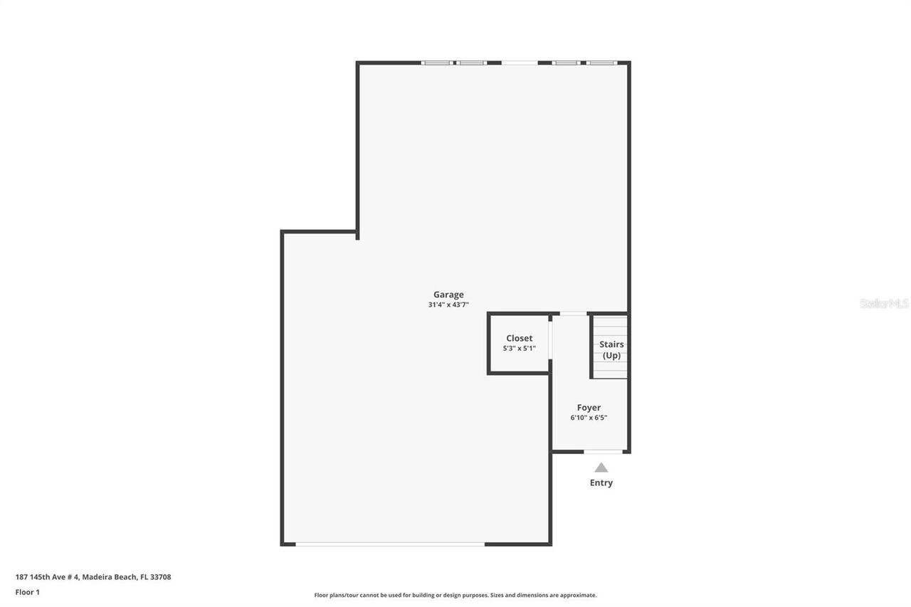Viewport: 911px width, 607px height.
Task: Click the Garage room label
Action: pos(448,295)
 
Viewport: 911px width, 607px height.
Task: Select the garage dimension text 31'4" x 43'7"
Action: pos(448,305)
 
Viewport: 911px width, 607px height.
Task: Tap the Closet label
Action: pos(519,339)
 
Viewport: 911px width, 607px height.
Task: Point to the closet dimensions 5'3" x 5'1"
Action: pos(519,349)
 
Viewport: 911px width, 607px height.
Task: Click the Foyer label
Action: pos(589,408)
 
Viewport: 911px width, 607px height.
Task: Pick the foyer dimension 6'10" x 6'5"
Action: pos(589,418)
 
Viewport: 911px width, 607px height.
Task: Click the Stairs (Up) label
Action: pos(611,349)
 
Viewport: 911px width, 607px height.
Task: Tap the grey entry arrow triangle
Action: pos(601,468)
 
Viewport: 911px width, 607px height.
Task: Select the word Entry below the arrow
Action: pos(601,482)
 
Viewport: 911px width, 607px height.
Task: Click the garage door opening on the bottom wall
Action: pos(390,544)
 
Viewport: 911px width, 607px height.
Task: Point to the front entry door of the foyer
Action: pos(603,451)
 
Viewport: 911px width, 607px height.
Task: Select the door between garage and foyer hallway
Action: pos(573,313)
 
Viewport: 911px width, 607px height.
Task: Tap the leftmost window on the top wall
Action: pos(436,63)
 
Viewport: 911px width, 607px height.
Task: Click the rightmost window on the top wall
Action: pos(601,63)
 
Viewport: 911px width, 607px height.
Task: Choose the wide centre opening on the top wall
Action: pos(520,63)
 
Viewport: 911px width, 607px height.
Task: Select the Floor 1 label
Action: pos(28,592)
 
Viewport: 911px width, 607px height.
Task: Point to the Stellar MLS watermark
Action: pos(884,303)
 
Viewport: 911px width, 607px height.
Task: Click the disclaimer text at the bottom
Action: pos(455,595)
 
